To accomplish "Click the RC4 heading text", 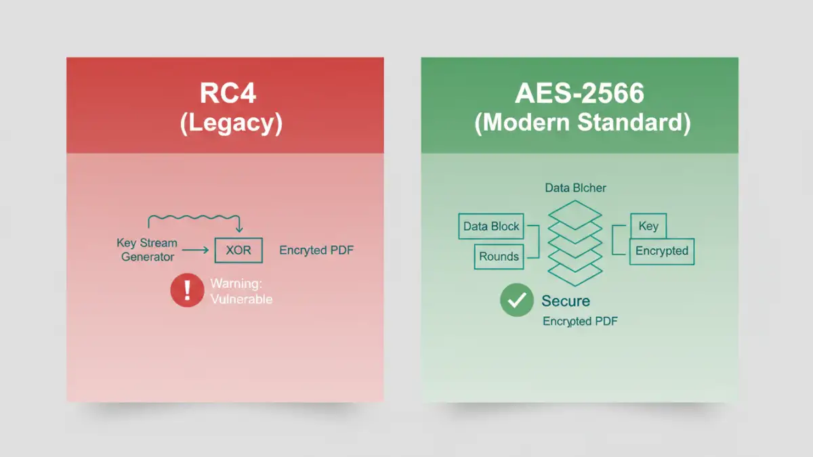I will coord(227,93).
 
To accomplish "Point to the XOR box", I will coord(238,251).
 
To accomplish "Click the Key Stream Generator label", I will coord(147,250).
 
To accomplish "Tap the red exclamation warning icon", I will coord(187,290).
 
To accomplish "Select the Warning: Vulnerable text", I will coord(241,291).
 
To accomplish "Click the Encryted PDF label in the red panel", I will coord(316,251).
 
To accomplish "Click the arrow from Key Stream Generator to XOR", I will coord(196,251).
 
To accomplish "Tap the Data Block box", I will coord(491,226).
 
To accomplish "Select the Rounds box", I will coord(499,257).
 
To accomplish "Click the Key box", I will coord(648,226).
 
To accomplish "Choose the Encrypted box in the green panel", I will coord(661,251).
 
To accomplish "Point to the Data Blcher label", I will coord(575,188).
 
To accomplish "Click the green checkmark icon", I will coord(517,301).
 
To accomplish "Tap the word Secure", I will coord(566,301).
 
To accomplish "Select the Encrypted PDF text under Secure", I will coord(580,322).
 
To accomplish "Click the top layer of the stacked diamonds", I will coord(575,213).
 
